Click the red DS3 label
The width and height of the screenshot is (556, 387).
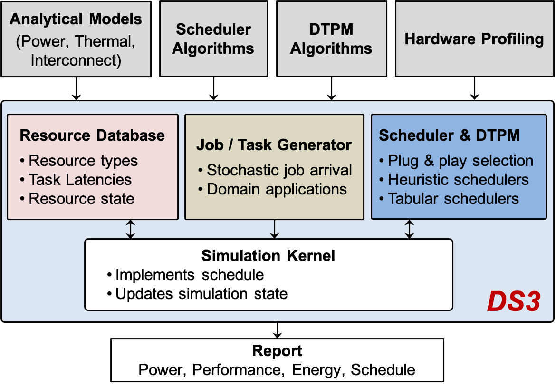513,302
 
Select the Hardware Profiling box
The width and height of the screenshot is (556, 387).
474,39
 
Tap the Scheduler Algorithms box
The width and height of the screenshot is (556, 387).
213,39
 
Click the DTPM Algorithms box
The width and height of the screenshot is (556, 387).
331,39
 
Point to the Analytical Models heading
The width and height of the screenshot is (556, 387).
76,19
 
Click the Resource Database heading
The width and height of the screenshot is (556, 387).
92,135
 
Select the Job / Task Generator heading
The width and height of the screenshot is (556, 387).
274,145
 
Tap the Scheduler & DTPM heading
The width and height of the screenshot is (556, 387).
449,135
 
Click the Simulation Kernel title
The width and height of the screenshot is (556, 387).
268,256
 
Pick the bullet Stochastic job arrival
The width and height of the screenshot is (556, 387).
279,170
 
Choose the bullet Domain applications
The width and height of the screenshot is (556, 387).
277,189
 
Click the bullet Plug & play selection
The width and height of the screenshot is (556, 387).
460,161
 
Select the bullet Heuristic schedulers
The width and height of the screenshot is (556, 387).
458,180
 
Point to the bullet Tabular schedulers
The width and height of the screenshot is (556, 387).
453,199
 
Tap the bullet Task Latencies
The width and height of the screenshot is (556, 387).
80,180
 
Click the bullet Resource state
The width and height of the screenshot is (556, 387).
81,199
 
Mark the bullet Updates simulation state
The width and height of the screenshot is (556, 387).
201,294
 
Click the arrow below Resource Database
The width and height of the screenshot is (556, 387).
130,229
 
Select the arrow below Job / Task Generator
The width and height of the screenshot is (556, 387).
274,229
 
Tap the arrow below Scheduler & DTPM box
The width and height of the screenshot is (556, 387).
409,229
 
